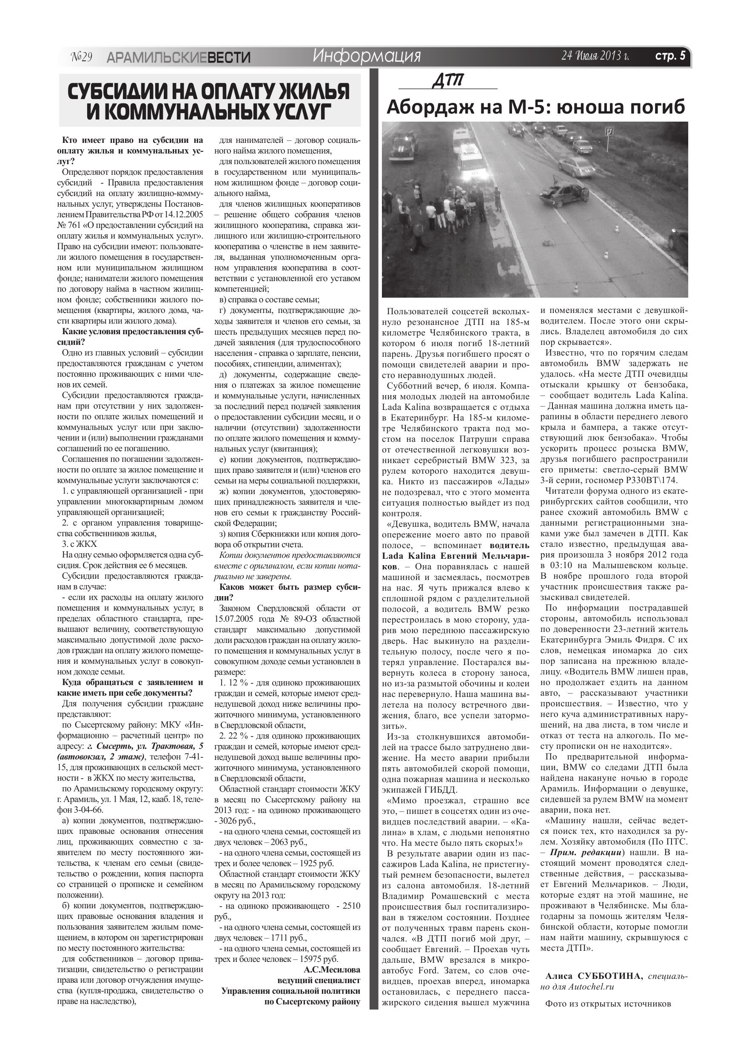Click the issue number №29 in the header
pyautogui.click(x=82, y=57)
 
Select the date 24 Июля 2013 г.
pyautogui.click(x=595, y=56)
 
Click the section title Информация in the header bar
pyautogui.click(x=366, y=56)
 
